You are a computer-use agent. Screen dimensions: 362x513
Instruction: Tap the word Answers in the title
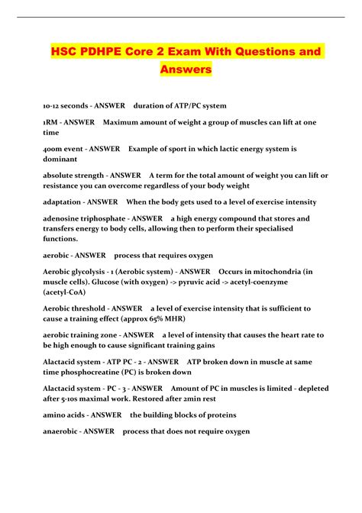(186, 70)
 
